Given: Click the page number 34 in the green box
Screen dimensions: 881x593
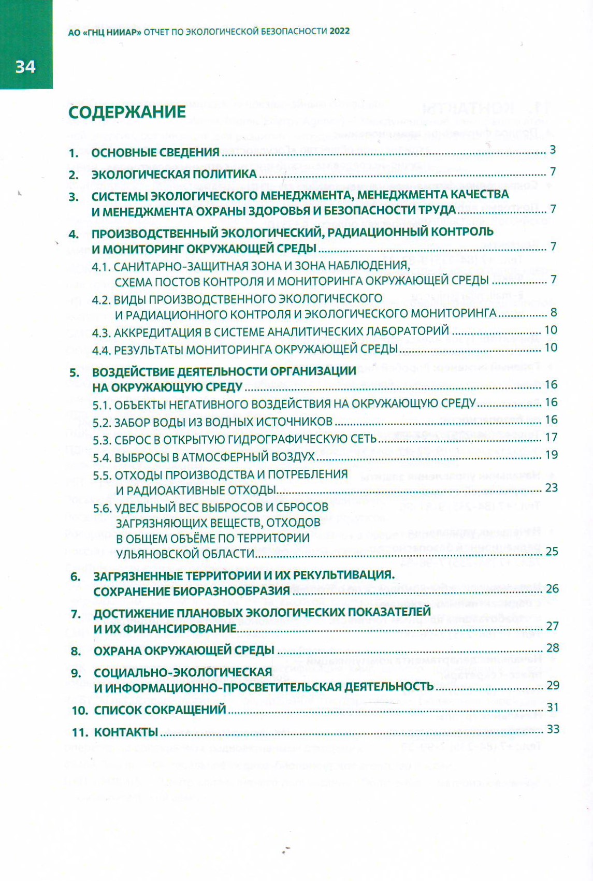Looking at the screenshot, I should [25, 67].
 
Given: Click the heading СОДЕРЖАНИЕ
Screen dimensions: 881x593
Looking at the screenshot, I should [127, 112].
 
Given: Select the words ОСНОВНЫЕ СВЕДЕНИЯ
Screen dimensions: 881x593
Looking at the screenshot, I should [155, 152].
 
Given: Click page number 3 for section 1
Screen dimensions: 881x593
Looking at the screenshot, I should [553, 150].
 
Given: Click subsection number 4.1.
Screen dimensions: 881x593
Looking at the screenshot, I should [101, 267].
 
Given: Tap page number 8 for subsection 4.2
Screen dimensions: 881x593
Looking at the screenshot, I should [554, 312].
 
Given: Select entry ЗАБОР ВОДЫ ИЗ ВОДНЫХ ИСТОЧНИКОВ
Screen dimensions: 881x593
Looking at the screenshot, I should [223, 422].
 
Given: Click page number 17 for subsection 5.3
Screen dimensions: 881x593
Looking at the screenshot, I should [551, 437].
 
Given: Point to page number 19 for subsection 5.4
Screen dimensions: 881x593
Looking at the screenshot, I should [551, 455].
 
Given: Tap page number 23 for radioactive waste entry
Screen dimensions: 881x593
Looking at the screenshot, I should [551, 487].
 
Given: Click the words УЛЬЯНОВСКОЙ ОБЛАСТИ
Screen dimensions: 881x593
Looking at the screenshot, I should [185, 553].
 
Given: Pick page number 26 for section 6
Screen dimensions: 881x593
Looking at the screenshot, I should [552, 588].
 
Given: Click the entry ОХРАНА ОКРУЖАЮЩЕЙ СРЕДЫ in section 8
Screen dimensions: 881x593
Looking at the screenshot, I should [184, 651].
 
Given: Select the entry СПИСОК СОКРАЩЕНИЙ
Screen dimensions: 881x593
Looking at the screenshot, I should [160, 710].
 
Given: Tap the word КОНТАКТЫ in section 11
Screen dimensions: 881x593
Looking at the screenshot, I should [126, 732].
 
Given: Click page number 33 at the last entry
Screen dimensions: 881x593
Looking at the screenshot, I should [553, 729].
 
